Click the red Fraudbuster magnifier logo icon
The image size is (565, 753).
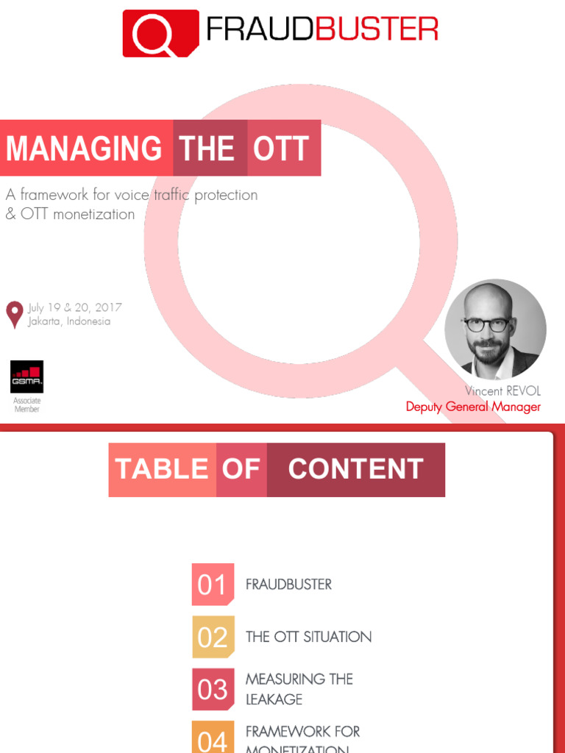(160, 33)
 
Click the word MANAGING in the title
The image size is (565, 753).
(84, 148)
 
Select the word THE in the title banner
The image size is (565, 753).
(207, 148)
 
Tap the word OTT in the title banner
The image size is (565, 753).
(281, 148)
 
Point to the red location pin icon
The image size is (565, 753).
(14, 314)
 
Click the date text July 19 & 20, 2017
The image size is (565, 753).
(74, 307)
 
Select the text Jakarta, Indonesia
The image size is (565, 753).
(69, 321)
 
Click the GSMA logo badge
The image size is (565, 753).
(26, 376)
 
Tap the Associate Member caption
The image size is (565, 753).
(26, 405)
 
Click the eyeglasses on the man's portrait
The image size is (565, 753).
(486, 324)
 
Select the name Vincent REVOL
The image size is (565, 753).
(502, 391)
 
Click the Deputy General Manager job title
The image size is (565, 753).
(473, 407)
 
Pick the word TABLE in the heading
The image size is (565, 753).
(162, 469)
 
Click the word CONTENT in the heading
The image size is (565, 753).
(355, 469)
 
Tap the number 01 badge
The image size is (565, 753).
(213, 585)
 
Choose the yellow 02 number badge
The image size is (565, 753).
(213, 637)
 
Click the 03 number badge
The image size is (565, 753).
(213, 689)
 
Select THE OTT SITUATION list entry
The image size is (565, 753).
(308, 637)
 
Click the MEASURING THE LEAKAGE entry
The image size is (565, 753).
(299, 688)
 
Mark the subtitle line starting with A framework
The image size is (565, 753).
(132, 195)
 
